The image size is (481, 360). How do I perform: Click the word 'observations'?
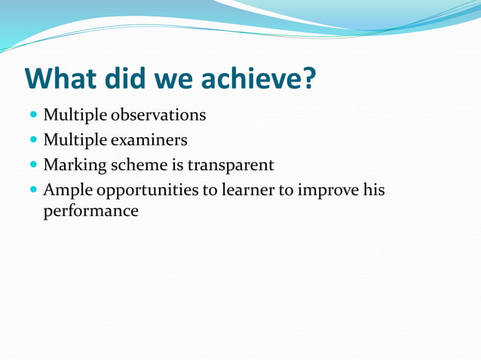158,115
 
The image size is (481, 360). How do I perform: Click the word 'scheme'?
139,164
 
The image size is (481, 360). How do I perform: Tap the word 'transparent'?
230,164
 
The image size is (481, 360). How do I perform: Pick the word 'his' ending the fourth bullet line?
372,189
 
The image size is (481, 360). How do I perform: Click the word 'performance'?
91,212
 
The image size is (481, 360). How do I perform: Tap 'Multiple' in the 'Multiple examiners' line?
75,140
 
